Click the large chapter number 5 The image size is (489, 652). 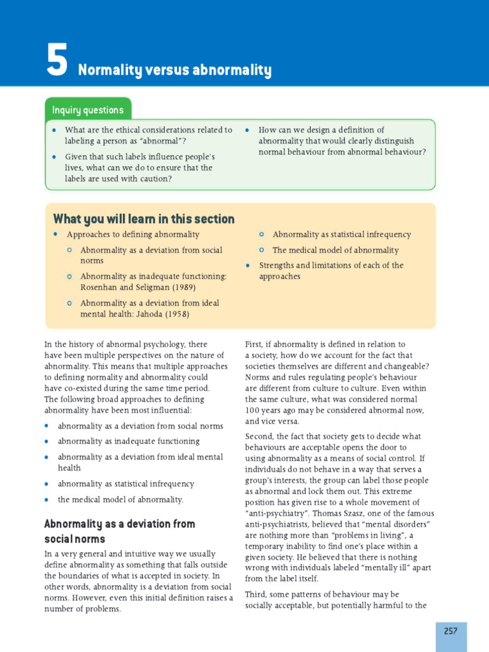(57, 60)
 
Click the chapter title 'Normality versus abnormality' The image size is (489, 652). (174, 70)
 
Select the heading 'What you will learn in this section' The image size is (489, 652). (144, 219)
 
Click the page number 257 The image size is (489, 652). (451, 630)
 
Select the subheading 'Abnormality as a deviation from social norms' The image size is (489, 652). (119, 531)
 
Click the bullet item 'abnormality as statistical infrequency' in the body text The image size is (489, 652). (125, 484)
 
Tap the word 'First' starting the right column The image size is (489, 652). (255, 344)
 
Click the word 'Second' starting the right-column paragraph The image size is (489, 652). (260, 436)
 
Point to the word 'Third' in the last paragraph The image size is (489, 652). (256, 594)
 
